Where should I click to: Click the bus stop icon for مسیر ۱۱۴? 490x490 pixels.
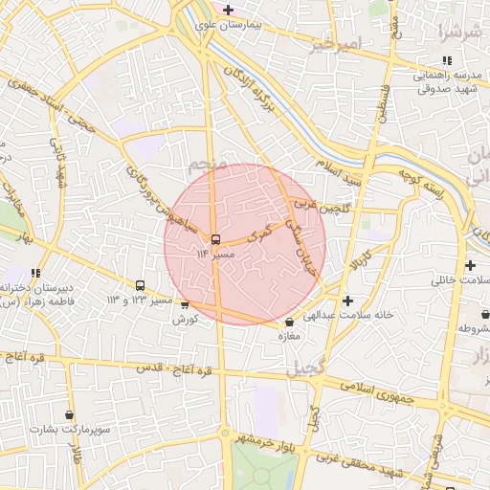[215, 239]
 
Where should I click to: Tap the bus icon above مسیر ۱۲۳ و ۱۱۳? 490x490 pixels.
[141, 285]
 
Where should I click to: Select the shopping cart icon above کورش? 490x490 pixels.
[185, 305]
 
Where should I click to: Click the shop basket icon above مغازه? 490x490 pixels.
[290, 322]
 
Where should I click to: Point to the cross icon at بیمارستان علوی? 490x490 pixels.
[228, 11]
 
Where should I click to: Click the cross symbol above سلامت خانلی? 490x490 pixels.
[470, 265]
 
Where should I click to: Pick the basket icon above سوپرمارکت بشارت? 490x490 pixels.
[69, 415]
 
